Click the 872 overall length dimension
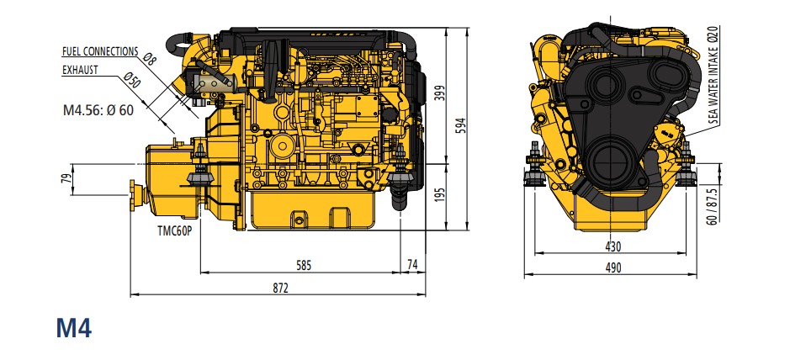coord(280,289)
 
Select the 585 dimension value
coord(304,266)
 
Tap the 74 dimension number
coord(412,266)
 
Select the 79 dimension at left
coord(66,178)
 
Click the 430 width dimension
coord(612,246)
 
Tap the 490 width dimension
coord(612,267)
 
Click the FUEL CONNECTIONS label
coord(99,51)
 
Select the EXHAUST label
coord(80,71)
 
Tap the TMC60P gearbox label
coord(175,232)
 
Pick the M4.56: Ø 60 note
coord(98,110)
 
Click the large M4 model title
coord(74,328)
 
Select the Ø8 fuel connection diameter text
coord(150,59)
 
